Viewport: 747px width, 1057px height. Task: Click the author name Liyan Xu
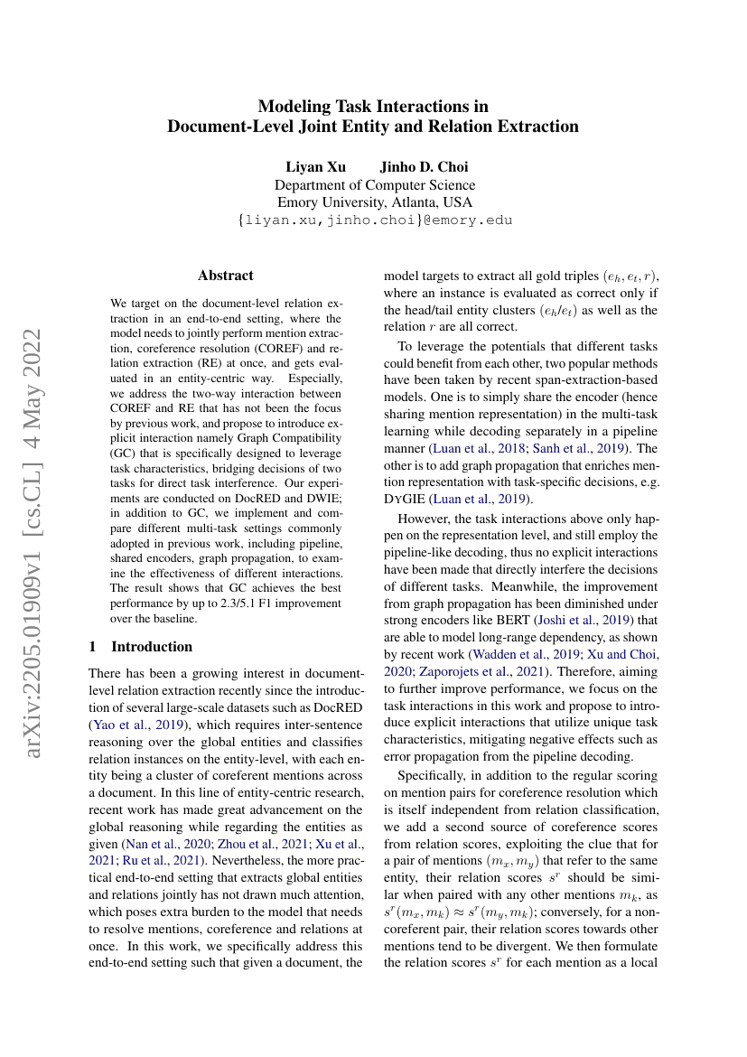tap(309, 167)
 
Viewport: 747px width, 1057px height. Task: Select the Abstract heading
tap(226, 276)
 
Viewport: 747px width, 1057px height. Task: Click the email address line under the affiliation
tap(374, 220)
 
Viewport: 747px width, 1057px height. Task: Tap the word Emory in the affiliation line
tap(298, 202)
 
